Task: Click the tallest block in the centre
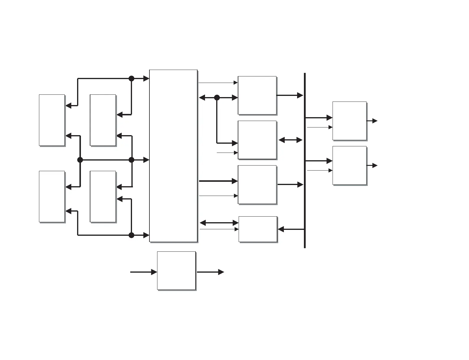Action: point(173,156)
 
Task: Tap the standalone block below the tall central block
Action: point(176,271)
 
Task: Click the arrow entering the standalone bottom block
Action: point(144,272)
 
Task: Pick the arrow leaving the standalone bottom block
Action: point(210,272)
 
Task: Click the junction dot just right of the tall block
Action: point(217,97)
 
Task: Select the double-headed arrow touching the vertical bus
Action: point(290,140)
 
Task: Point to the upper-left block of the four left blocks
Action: point(52,120)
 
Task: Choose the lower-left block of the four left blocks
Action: point(52,196)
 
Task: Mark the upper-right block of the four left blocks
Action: point(103,120)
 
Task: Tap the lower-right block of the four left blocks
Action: point(103,196)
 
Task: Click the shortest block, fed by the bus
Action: point(258,229)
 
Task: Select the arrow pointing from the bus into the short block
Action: point(291,229)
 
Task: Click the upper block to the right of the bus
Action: point(349,121)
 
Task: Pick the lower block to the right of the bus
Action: point(349,165)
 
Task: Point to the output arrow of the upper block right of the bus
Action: point(372,121)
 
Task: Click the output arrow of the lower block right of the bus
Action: point(372,166)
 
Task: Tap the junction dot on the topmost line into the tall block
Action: point(131,78)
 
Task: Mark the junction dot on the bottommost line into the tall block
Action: point(131,235)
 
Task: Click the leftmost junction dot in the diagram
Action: point(80,160)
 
